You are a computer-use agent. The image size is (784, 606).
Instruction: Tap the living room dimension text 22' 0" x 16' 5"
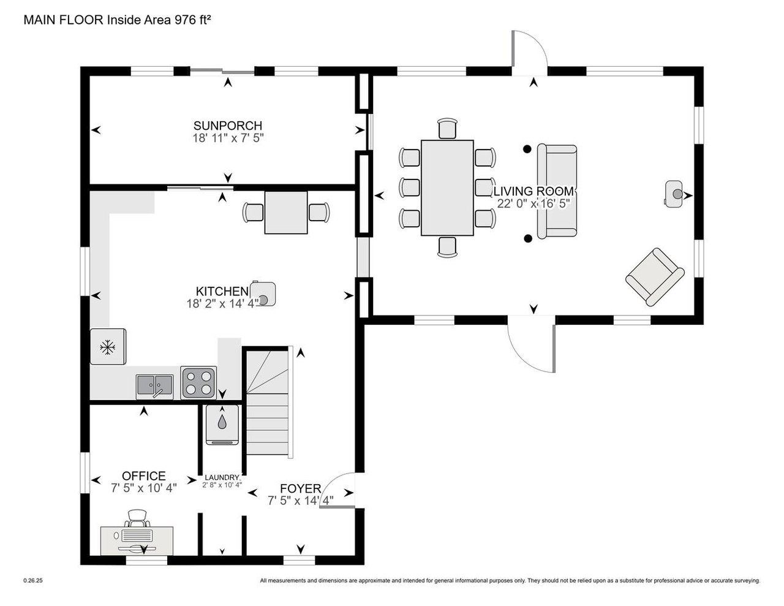534,204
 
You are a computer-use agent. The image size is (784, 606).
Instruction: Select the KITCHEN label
222,291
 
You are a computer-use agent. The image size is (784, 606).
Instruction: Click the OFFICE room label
143,475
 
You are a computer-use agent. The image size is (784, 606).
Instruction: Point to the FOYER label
300,488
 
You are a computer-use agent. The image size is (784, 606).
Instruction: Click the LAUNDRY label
222,477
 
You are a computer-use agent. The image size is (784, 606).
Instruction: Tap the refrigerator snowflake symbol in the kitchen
108,347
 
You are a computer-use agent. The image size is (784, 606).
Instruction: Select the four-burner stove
198,383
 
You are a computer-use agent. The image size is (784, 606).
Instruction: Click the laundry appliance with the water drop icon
222,422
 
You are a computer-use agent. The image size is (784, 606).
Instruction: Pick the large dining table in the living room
447,187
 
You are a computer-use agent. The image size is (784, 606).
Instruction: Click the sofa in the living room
557,191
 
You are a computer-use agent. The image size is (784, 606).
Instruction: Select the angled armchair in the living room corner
654,276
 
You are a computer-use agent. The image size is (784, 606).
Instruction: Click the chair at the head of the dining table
448,129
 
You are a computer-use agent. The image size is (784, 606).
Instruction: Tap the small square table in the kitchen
286,212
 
